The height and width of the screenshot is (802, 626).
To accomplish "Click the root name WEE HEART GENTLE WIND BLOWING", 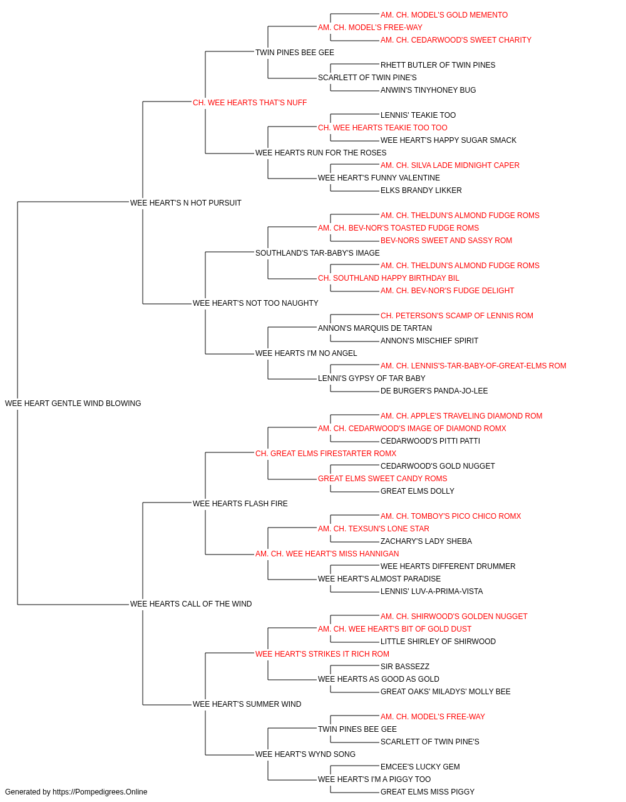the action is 73,404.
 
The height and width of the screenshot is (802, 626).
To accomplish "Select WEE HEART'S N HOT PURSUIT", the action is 186,203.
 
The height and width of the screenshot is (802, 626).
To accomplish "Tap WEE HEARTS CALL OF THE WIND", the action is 191,604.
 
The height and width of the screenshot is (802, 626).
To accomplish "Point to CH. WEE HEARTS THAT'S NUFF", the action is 250,103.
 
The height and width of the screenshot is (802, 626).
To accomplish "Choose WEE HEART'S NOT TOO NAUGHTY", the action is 255,303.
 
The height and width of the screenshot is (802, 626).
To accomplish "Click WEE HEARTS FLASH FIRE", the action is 240,503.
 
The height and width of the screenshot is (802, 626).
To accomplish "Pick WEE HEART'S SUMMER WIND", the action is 247,704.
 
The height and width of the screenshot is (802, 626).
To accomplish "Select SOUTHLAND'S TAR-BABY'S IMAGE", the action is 317,253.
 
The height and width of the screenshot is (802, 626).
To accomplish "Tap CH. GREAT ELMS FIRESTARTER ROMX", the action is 326,454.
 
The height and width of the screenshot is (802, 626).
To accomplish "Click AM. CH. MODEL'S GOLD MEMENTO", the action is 444,15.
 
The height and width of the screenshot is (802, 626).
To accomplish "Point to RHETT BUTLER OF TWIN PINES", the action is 438,65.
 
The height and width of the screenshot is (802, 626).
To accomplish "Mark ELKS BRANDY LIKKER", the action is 421,190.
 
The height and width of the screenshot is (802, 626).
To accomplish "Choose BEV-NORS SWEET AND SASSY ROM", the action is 446,241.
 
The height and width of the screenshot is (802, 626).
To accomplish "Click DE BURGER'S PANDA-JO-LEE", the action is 434,391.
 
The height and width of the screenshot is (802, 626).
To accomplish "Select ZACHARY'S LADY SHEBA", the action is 426,541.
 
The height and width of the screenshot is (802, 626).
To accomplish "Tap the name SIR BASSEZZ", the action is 405,667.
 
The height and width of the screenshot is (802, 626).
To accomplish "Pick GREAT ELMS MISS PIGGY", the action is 428,792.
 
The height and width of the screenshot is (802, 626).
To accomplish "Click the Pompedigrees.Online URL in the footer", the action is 100,792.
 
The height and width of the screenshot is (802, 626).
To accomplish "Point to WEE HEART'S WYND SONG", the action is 305,754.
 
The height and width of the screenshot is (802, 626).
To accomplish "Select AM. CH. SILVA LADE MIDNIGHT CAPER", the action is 449,165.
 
